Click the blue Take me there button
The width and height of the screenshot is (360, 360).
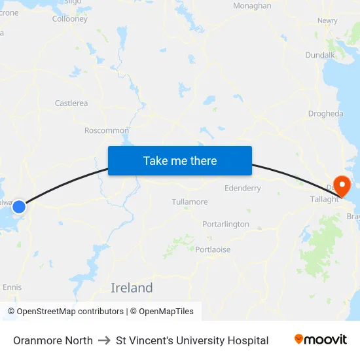(180, 160)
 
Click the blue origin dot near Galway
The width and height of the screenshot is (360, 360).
(19, 206)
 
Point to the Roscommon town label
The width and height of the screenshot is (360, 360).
(107, 130)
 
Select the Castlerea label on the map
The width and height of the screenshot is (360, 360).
(71, 103)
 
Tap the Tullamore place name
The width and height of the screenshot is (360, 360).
(189, 202)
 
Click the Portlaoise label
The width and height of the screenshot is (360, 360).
(213, 249)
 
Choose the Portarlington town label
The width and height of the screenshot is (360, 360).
(226, 224)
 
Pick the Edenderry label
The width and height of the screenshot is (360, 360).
(243, 188)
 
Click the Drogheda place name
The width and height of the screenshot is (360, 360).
(325, 113)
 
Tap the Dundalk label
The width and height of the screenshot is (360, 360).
(320, 55)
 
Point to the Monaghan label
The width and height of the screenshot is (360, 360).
(252, 6)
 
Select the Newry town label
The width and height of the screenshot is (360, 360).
(327, 20)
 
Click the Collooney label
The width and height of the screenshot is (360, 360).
(70, 19)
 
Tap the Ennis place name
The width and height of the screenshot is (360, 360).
(12, 287)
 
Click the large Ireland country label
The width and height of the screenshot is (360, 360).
(132, 288)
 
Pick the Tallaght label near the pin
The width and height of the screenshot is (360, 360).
(325, 199)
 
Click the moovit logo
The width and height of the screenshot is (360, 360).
(321, 339)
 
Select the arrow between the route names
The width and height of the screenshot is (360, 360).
(104, 340)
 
